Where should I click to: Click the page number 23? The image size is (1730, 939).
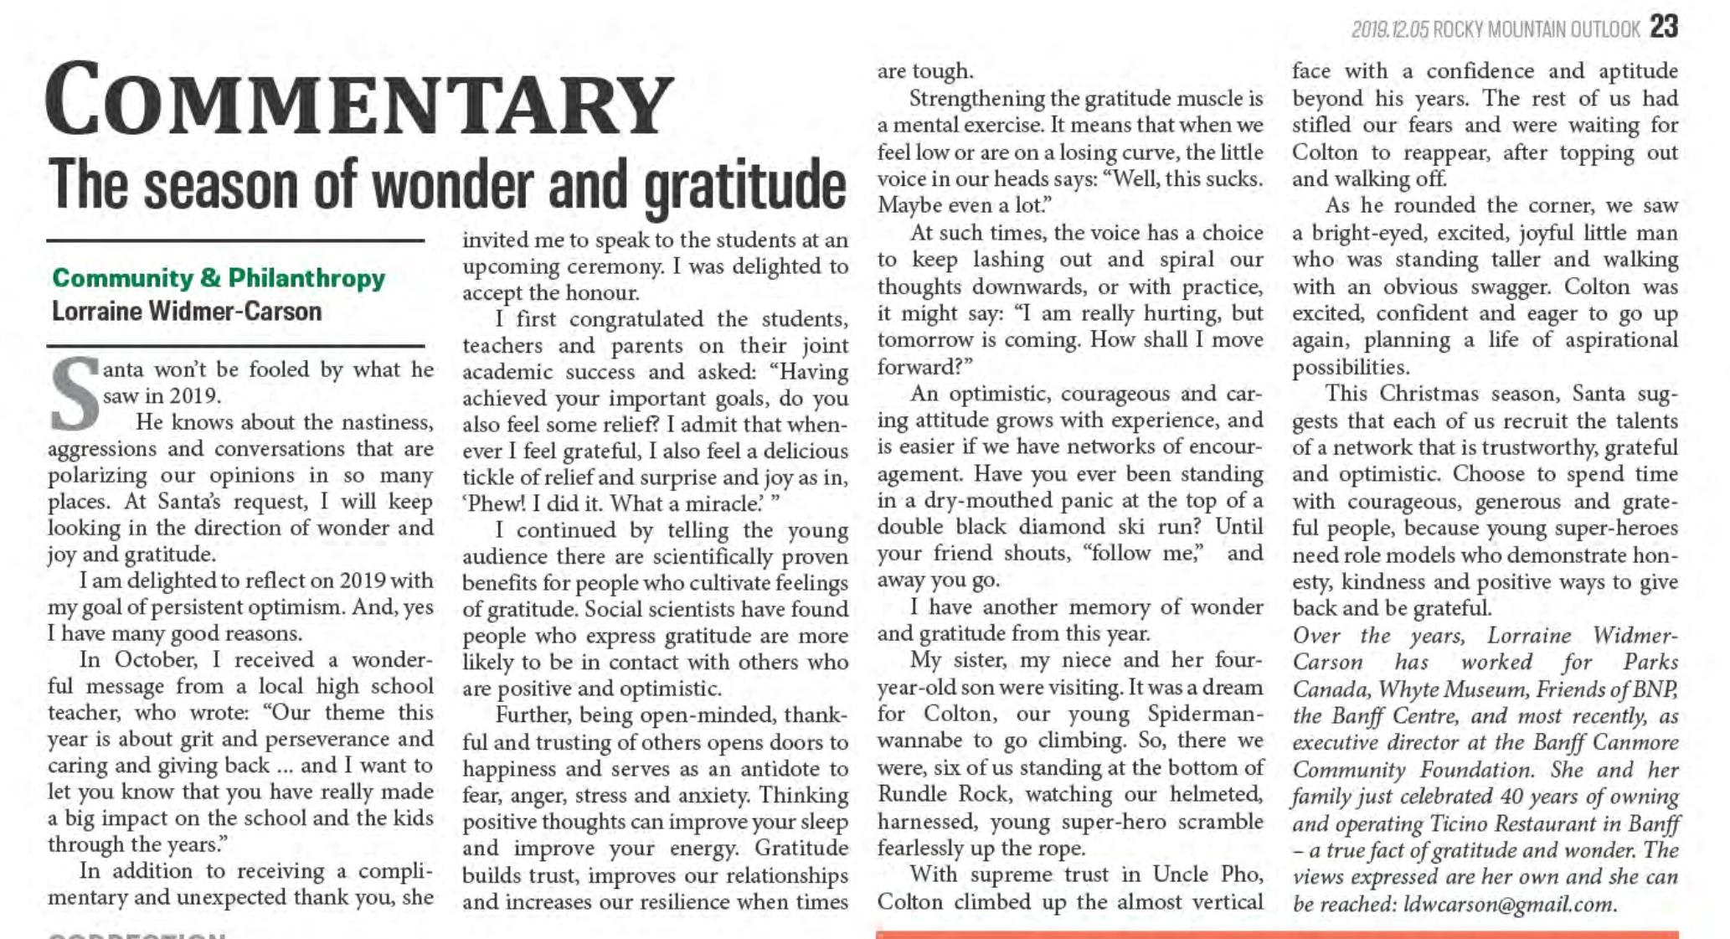[x=1664, y=27]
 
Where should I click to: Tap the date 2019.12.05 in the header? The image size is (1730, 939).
[x=1389, y=30]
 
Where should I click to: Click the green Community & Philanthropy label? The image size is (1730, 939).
[x=219, y=278]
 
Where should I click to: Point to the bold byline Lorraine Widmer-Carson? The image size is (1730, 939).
[x=187, y=312]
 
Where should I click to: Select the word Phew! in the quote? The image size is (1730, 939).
[x=496, y=504]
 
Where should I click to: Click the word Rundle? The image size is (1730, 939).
[x=910, y=794]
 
